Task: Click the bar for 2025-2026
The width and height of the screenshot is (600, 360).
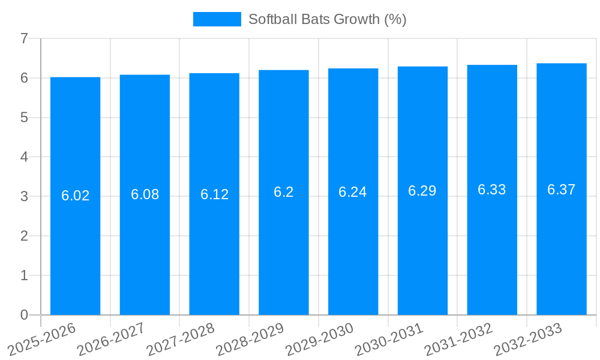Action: pos(75,252)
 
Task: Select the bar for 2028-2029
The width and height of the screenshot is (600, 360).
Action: pos(284,252)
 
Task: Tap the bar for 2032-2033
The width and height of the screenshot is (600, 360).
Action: pos(562,252)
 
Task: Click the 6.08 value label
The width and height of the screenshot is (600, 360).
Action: pos(145,194)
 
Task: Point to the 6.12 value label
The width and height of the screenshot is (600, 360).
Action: pos(214,194)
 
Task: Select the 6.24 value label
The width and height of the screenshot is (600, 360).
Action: pos(353,192)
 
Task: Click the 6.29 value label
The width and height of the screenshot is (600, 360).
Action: pos(422,191)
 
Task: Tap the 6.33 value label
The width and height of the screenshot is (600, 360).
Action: pos(492,190)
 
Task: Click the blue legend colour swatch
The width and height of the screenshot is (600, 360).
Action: pos(217,19)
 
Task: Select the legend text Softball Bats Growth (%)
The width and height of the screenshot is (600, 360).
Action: pos(327,19)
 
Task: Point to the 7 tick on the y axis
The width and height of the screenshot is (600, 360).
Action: pos(24,38)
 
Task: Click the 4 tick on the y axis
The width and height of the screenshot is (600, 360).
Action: pos(24,157)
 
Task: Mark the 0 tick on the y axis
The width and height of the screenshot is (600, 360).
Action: pos(24,315)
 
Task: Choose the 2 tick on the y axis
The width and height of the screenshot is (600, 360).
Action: pos(24,236)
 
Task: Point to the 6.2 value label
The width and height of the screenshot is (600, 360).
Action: pos(284,192)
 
